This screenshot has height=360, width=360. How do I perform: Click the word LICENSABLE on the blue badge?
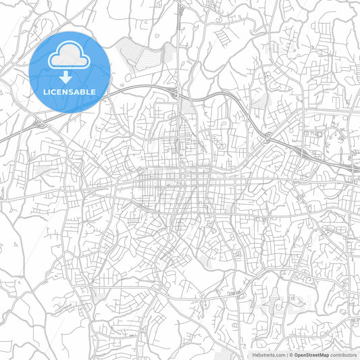click(x=70, y=91)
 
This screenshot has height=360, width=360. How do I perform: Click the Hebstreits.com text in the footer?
click(x=269, y=355)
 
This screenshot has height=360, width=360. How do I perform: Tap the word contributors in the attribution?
click(x=344, y=355)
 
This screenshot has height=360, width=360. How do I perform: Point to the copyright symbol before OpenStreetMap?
click(x=292, y=355)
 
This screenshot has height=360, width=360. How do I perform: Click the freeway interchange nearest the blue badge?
click(x=38, y=124)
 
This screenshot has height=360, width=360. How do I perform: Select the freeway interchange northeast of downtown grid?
click(x=269, y=137)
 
